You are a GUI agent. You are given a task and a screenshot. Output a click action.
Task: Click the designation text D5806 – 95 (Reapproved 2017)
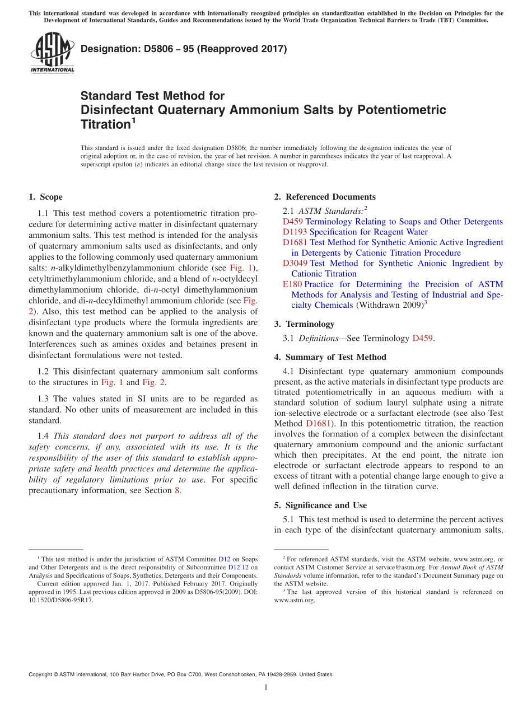(184, 49)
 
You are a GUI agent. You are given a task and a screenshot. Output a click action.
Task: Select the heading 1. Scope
(45, 197)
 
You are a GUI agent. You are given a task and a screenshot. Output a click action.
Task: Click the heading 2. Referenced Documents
(325, 197)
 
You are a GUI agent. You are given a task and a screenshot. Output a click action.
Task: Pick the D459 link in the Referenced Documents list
(293, 222)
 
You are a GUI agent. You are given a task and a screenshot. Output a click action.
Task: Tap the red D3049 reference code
(295, 263)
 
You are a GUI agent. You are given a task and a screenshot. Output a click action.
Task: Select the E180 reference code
(292, 284)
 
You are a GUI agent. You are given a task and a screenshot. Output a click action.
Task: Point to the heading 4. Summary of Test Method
(330, 357)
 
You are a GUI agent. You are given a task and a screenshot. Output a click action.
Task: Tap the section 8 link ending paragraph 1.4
(178, 490)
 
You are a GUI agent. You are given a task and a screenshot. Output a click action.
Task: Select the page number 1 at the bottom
(266, 687)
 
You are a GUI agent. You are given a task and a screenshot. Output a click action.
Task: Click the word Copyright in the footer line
(43, 674)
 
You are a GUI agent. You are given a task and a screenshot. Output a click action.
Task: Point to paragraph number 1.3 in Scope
(44, 399)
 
